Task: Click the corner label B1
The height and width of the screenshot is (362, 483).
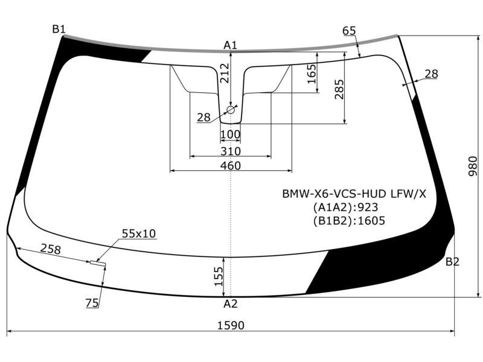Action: click(x=59, y=29)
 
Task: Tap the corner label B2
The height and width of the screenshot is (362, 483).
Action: click(x=452, y=262)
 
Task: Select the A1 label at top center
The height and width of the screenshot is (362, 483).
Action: click(x=231, y=45)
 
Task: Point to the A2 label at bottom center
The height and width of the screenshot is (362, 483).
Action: click(x=231, y=304)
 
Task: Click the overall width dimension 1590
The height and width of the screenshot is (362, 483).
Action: click(x=231, y=325)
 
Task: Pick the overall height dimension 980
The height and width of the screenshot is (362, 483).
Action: click(x=473, y=167)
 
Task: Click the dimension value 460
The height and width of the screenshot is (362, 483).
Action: click(x=231, y=165)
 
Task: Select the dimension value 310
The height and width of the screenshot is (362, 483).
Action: click(x=231, y=151)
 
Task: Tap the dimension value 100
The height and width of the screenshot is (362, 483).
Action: click(x=231, y=135)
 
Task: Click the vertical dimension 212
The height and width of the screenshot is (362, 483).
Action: click(x=225, y=73)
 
